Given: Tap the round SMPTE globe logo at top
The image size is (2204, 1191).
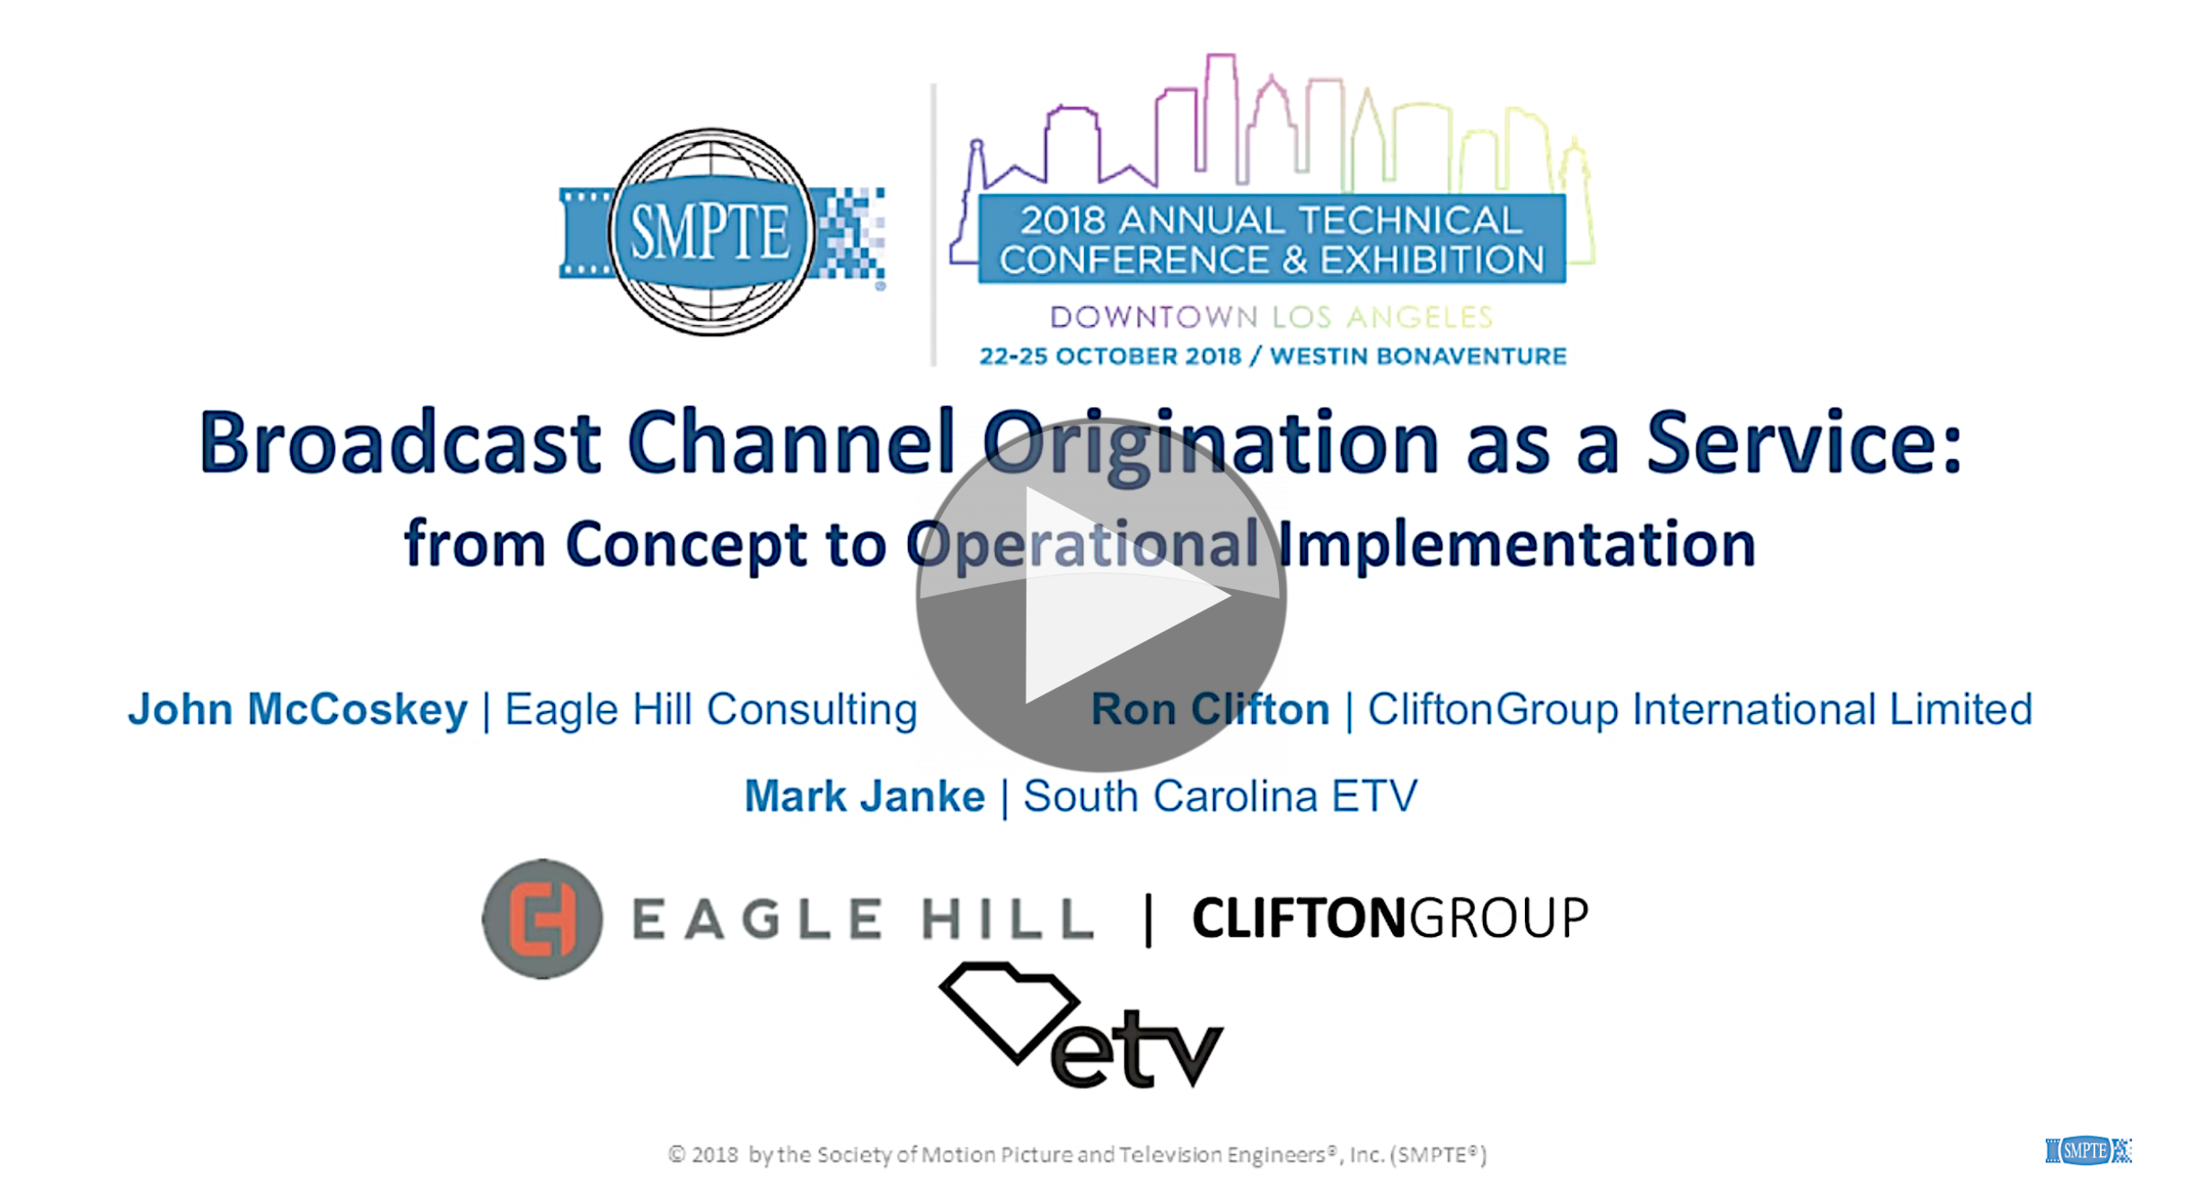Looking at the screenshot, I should point(711,232).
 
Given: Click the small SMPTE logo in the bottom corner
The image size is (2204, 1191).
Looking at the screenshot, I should point(2087,1151).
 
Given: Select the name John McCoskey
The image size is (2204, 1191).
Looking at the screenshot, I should point(297,710).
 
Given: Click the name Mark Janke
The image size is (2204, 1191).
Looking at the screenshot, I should point(864,797).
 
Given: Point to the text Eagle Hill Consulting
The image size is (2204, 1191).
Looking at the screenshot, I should point(710,710).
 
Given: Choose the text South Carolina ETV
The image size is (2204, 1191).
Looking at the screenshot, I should point(1220,797).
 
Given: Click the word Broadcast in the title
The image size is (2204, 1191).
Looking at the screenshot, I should point(400,443).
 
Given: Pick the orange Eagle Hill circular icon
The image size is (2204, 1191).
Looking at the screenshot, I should point(542,919).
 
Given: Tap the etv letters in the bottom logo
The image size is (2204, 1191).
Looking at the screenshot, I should point(1136,1049).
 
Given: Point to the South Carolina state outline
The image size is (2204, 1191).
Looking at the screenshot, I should point(1008,1009).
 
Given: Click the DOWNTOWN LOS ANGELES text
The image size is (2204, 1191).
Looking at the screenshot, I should point(1271,317).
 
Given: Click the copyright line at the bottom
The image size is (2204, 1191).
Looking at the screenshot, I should point(1077,1154).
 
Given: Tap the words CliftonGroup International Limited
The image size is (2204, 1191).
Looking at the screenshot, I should point(1699,710).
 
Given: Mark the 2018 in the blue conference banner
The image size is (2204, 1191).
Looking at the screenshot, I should point(1062,221).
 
